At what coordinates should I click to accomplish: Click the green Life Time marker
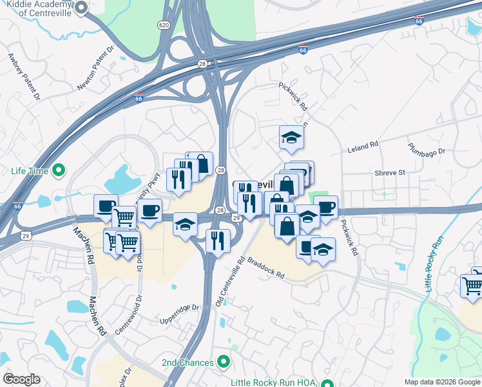[x=59, y=171]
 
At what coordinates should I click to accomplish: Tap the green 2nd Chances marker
[x=224, y=362]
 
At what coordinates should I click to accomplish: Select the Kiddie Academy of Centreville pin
[x=81, y=7]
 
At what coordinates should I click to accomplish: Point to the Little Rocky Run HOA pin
[x=327, y=383]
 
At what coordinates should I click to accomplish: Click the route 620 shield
[x=164, y=24]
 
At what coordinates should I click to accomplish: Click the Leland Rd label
[x=363, y=148]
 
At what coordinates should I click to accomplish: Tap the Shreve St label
[x=390, y=173]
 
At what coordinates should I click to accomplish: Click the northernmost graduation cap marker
[x=291, y=137]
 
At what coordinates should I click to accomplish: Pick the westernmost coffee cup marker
[x=106, y=206]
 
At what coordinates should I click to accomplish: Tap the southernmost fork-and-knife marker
[x=218, y=241]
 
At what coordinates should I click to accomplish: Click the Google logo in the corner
[x=21, y=379]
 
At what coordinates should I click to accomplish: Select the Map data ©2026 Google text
[x=441, y=382]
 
